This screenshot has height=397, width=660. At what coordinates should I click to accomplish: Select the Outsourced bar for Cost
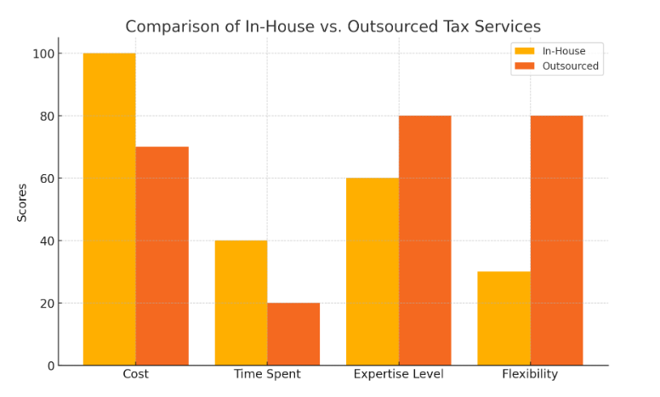pyautogui.click(x=162, y=256)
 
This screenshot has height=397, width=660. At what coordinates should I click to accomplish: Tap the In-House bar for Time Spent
pyautogui.click(x=241, y=303)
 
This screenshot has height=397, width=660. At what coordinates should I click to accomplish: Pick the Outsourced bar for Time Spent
pyautogui.click(x=293, y=334)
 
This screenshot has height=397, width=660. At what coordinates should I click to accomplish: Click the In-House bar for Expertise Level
pyautogui.click(x=373, y=271)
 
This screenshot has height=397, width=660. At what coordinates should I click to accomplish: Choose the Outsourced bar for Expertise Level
pyautogui.click(x=425, y=241)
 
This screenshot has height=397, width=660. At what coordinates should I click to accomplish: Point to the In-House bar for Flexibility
pyautogui.click(x=504, y=318)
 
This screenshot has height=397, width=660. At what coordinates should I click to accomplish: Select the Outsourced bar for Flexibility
pyautogui.click(x=556, y=241)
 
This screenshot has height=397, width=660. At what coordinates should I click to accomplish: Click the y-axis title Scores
pyautogui.click(x=22, y=202)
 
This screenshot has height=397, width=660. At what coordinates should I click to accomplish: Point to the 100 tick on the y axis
pyautogui.click(x=43, y=54)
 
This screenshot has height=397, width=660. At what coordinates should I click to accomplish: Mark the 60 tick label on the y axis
pyautogui.click(x=46, y=179)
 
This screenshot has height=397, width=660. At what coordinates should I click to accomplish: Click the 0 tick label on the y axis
pyautogui.click(x=50, y=366)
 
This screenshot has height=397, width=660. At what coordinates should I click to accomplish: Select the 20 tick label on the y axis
pyautogui.click(x=46, y=303)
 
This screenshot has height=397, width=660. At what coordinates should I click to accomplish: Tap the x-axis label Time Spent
pyautogui.click(x=267, y=375)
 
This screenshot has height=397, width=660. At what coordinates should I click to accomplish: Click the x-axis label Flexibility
pyautogui.click(x=530, y=375)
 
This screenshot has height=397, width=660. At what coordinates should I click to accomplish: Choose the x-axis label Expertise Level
pyautogui.click(x=398, y=375)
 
